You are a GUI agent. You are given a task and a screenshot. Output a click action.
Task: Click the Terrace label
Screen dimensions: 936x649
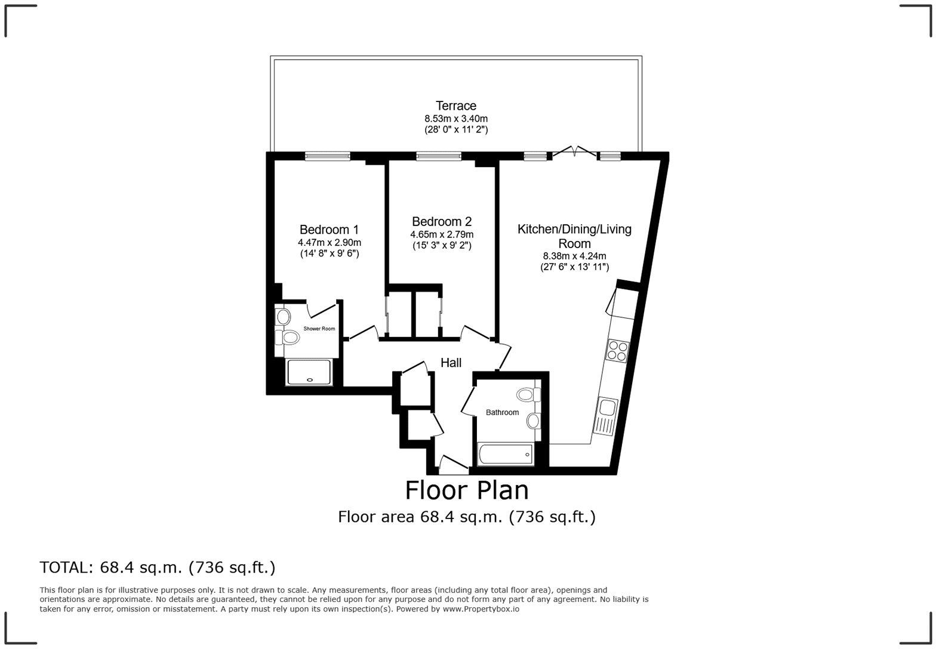[x=456, y=106]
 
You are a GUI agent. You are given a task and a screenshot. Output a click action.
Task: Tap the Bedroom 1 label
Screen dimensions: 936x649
[x=330, y=230]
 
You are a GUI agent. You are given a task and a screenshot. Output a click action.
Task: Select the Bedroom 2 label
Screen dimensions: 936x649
[x=442, y=221]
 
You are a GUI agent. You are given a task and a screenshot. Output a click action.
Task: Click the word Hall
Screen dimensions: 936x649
[x=451, y=363]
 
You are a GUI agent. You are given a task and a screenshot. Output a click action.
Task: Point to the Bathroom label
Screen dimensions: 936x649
[x=502, y=412]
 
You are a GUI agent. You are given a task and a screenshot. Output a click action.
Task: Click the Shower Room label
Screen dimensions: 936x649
[x=319, y=329]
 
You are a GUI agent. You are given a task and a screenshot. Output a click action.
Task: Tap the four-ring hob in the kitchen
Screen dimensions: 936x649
[x=617, y=351]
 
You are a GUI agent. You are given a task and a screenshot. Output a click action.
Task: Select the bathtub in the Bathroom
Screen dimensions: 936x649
[x=506, y=455]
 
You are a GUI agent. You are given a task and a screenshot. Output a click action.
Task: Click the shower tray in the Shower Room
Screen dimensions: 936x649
[x=309, y=372]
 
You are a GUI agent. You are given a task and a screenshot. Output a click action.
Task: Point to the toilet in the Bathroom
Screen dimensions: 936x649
[x=529, y=394]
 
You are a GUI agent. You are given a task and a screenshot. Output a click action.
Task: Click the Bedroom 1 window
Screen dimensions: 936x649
[x=328, y=156]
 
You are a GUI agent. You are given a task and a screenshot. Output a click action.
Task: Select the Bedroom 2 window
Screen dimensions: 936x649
[x=439, y=156]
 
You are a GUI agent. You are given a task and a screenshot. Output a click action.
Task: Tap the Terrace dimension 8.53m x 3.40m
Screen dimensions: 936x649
[x=456, y=119]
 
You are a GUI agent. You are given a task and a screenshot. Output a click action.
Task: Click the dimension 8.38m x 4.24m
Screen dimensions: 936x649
[x=574, y=256]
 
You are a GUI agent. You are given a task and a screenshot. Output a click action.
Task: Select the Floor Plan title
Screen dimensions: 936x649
[x=467, y=490]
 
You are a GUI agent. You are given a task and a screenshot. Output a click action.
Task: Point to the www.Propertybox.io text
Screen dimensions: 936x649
[x=481, y=609]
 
